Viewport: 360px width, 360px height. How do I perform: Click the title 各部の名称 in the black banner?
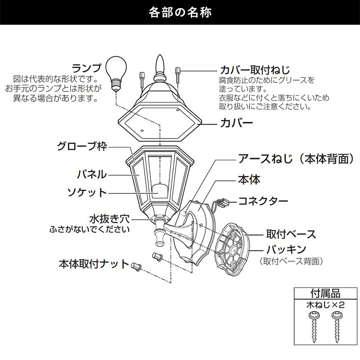point(180,13)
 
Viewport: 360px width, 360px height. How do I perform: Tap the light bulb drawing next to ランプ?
point(116,73)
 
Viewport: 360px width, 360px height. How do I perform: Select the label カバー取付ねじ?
point(255,70)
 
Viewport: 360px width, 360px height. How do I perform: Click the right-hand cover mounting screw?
point(178,75)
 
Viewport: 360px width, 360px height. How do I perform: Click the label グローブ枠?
point(82,146)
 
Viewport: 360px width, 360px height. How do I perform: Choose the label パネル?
point(92,175)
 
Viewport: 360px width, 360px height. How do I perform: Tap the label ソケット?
point(87,193)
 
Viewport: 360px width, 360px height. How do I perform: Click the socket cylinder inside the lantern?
point(159,190)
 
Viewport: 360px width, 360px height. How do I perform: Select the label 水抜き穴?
point(109,219)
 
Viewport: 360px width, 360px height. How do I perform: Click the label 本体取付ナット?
point(94,264)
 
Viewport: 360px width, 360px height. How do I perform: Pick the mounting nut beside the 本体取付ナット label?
point(136,267)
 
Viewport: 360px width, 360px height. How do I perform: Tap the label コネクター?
point(263,201)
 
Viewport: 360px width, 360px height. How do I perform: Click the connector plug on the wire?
point(224,202)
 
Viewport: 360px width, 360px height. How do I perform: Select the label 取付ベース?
point(291,234)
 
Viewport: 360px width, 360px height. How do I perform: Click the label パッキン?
point(286,249)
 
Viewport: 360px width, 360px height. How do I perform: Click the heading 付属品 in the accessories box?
point(325,293)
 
